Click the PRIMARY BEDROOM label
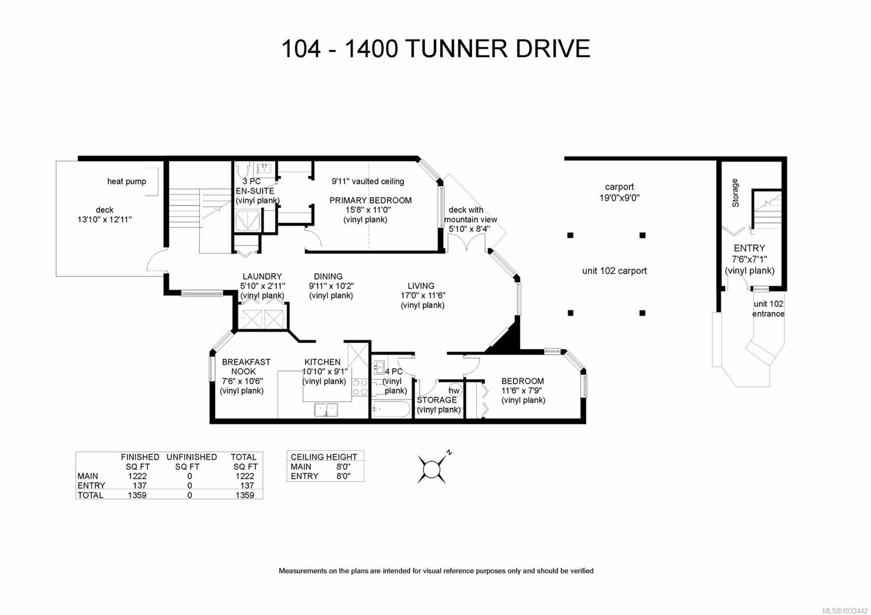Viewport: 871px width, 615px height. pos(370,200)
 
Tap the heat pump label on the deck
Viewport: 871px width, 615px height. pos(126,181)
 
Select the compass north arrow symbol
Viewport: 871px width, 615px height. pos(433,468)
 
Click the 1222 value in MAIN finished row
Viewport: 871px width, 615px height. pos(137,476)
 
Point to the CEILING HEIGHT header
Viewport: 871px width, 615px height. pos(324,457)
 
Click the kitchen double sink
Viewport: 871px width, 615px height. pos(326,409)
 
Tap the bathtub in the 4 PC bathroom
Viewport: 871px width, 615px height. pos(391,409)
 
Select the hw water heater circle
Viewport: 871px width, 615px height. pos(453,391)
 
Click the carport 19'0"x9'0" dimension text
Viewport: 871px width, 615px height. pos(619,198)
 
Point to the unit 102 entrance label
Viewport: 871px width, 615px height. pos(768,309)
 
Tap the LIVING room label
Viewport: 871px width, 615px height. pos(421,286)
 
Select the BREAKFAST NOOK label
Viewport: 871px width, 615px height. pos(246,366)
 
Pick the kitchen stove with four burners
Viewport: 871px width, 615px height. pos(360,388)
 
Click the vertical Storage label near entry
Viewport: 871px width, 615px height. pos(735,193)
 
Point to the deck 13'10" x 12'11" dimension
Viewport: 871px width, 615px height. pos(105,219)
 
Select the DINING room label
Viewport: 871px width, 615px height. pos(328,276)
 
